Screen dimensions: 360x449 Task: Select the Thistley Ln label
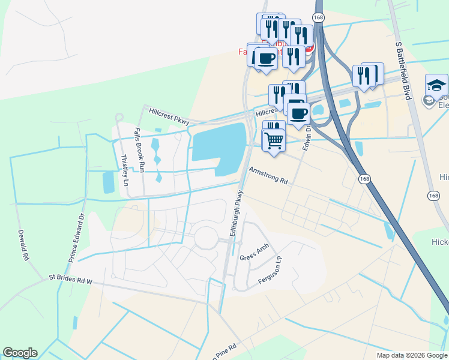coord(125,169)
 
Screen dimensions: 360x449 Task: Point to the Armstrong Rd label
coord(269,176)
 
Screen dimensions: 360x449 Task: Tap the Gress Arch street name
coord(255,252)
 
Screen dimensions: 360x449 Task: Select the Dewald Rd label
coord(23,245)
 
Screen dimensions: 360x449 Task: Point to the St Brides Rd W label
coord(71,280)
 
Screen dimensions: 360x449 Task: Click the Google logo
coord(20,353)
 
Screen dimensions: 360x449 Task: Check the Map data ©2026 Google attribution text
coord(411,355)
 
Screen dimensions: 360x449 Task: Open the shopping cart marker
coord(274,140)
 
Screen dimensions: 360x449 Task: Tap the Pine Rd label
coord(223,349)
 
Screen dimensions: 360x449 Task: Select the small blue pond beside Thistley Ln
coord(109,182)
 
